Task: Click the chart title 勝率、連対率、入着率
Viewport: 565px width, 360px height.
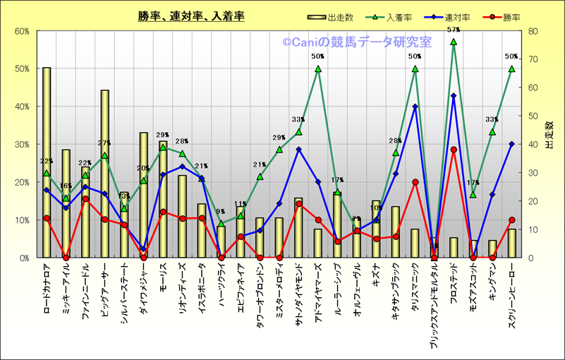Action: point(191,16)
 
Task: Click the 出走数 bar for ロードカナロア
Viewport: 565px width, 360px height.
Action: point(47,162)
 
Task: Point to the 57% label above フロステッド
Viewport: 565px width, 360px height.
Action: point(454,30)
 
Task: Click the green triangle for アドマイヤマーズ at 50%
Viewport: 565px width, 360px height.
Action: point(318,69)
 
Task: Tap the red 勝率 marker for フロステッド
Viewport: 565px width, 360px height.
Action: point(454,150)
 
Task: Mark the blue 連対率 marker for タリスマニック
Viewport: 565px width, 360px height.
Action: point(415,107)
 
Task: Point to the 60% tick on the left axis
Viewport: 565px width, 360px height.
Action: point(21,31)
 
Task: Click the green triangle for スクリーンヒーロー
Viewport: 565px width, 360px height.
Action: point(511,69)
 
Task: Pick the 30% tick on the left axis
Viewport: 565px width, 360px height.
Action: point(21,145)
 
